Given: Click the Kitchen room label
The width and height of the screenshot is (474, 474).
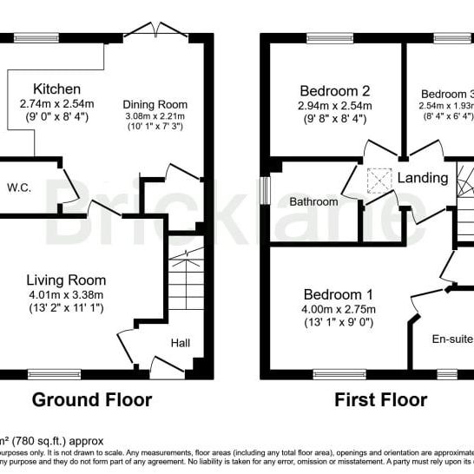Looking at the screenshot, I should click(57, 89).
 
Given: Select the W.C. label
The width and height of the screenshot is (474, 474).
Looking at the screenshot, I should click(19, 187).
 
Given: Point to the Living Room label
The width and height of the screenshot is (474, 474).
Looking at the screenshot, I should click(66, 280).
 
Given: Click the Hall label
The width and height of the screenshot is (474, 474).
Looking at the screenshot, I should click(181, 344).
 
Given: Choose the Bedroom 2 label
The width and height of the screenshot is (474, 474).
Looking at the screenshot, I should click(335, 90).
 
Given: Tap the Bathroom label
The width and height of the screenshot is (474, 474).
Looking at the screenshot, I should click(313, 201).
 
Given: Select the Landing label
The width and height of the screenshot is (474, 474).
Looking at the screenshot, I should click(423, 178).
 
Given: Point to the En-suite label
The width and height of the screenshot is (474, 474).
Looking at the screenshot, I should click(451, 339).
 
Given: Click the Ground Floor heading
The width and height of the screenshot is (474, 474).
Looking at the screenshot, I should click(92, 400).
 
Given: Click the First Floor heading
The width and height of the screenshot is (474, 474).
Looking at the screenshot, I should click(381, 400).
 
